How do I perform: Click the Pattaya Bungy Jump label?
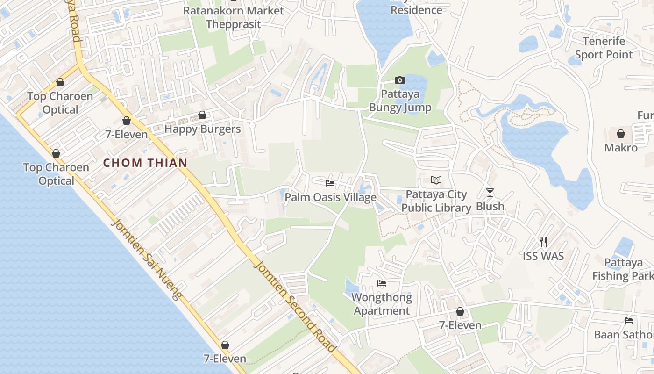point(400,101)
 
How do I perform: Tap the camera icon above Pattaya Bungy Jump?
point(400,80)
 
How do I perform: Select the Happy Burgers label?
point(202,129)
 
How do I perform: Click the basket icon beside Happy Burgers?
point(202,115)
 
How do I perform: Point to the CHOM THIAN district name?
point(145,163)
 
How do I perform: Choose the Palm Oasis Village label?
point(330,197)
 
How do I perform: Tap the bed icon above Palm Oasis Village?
point(330,183)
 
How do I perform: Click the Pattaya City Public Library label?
point(436,201)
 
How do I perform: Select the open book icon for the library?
point(436,180)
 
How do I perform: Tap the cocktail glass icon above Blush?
point(490,192)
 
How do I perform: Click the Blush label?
point(490,206)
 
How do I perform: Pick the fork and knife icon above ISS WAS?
point(543,242)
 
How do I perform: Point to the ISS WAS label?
point(543,256)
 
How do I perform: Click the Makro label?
point(621,148)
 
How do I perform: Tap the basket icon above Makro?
point(621,134)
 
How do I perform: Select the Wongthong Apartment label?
point(382,304)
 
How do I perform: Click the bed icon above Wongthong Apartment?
point(382,283)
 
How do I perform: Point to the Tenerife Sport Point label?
point(604,48)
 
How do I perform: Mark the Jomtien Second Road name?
point(294,306)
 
